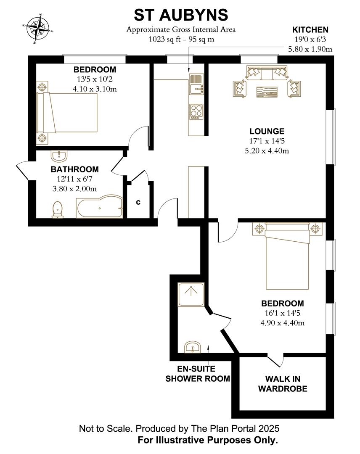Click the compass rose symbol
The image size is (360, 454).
click(x=38, y=29)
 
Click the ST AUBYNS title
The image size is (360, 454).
click(x=181, y=15)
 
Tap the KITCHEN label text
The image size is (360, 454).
click(x=310, y=30)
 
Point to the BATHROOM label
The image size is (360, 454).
click(x=74, y=169)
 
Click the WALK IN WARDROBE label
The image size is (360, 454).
click(x=282, y=384)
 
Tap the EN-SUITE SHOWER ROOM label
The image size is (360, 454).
click(x=198, y=374)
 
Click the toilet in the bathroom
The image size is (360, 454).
click(x=58, y=209)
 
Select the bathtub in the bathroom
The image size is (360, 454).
click(x=99, y=208)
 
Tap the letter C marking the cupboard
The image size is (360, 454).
click(x=138, y=203)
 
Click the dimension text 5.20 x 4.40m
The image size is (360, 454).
click(x=266, y=150)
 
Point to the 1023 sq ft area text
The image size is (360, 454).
click(x=181, y=39)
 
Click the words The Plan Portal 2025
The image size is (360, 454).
click(x=236, y=429)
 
